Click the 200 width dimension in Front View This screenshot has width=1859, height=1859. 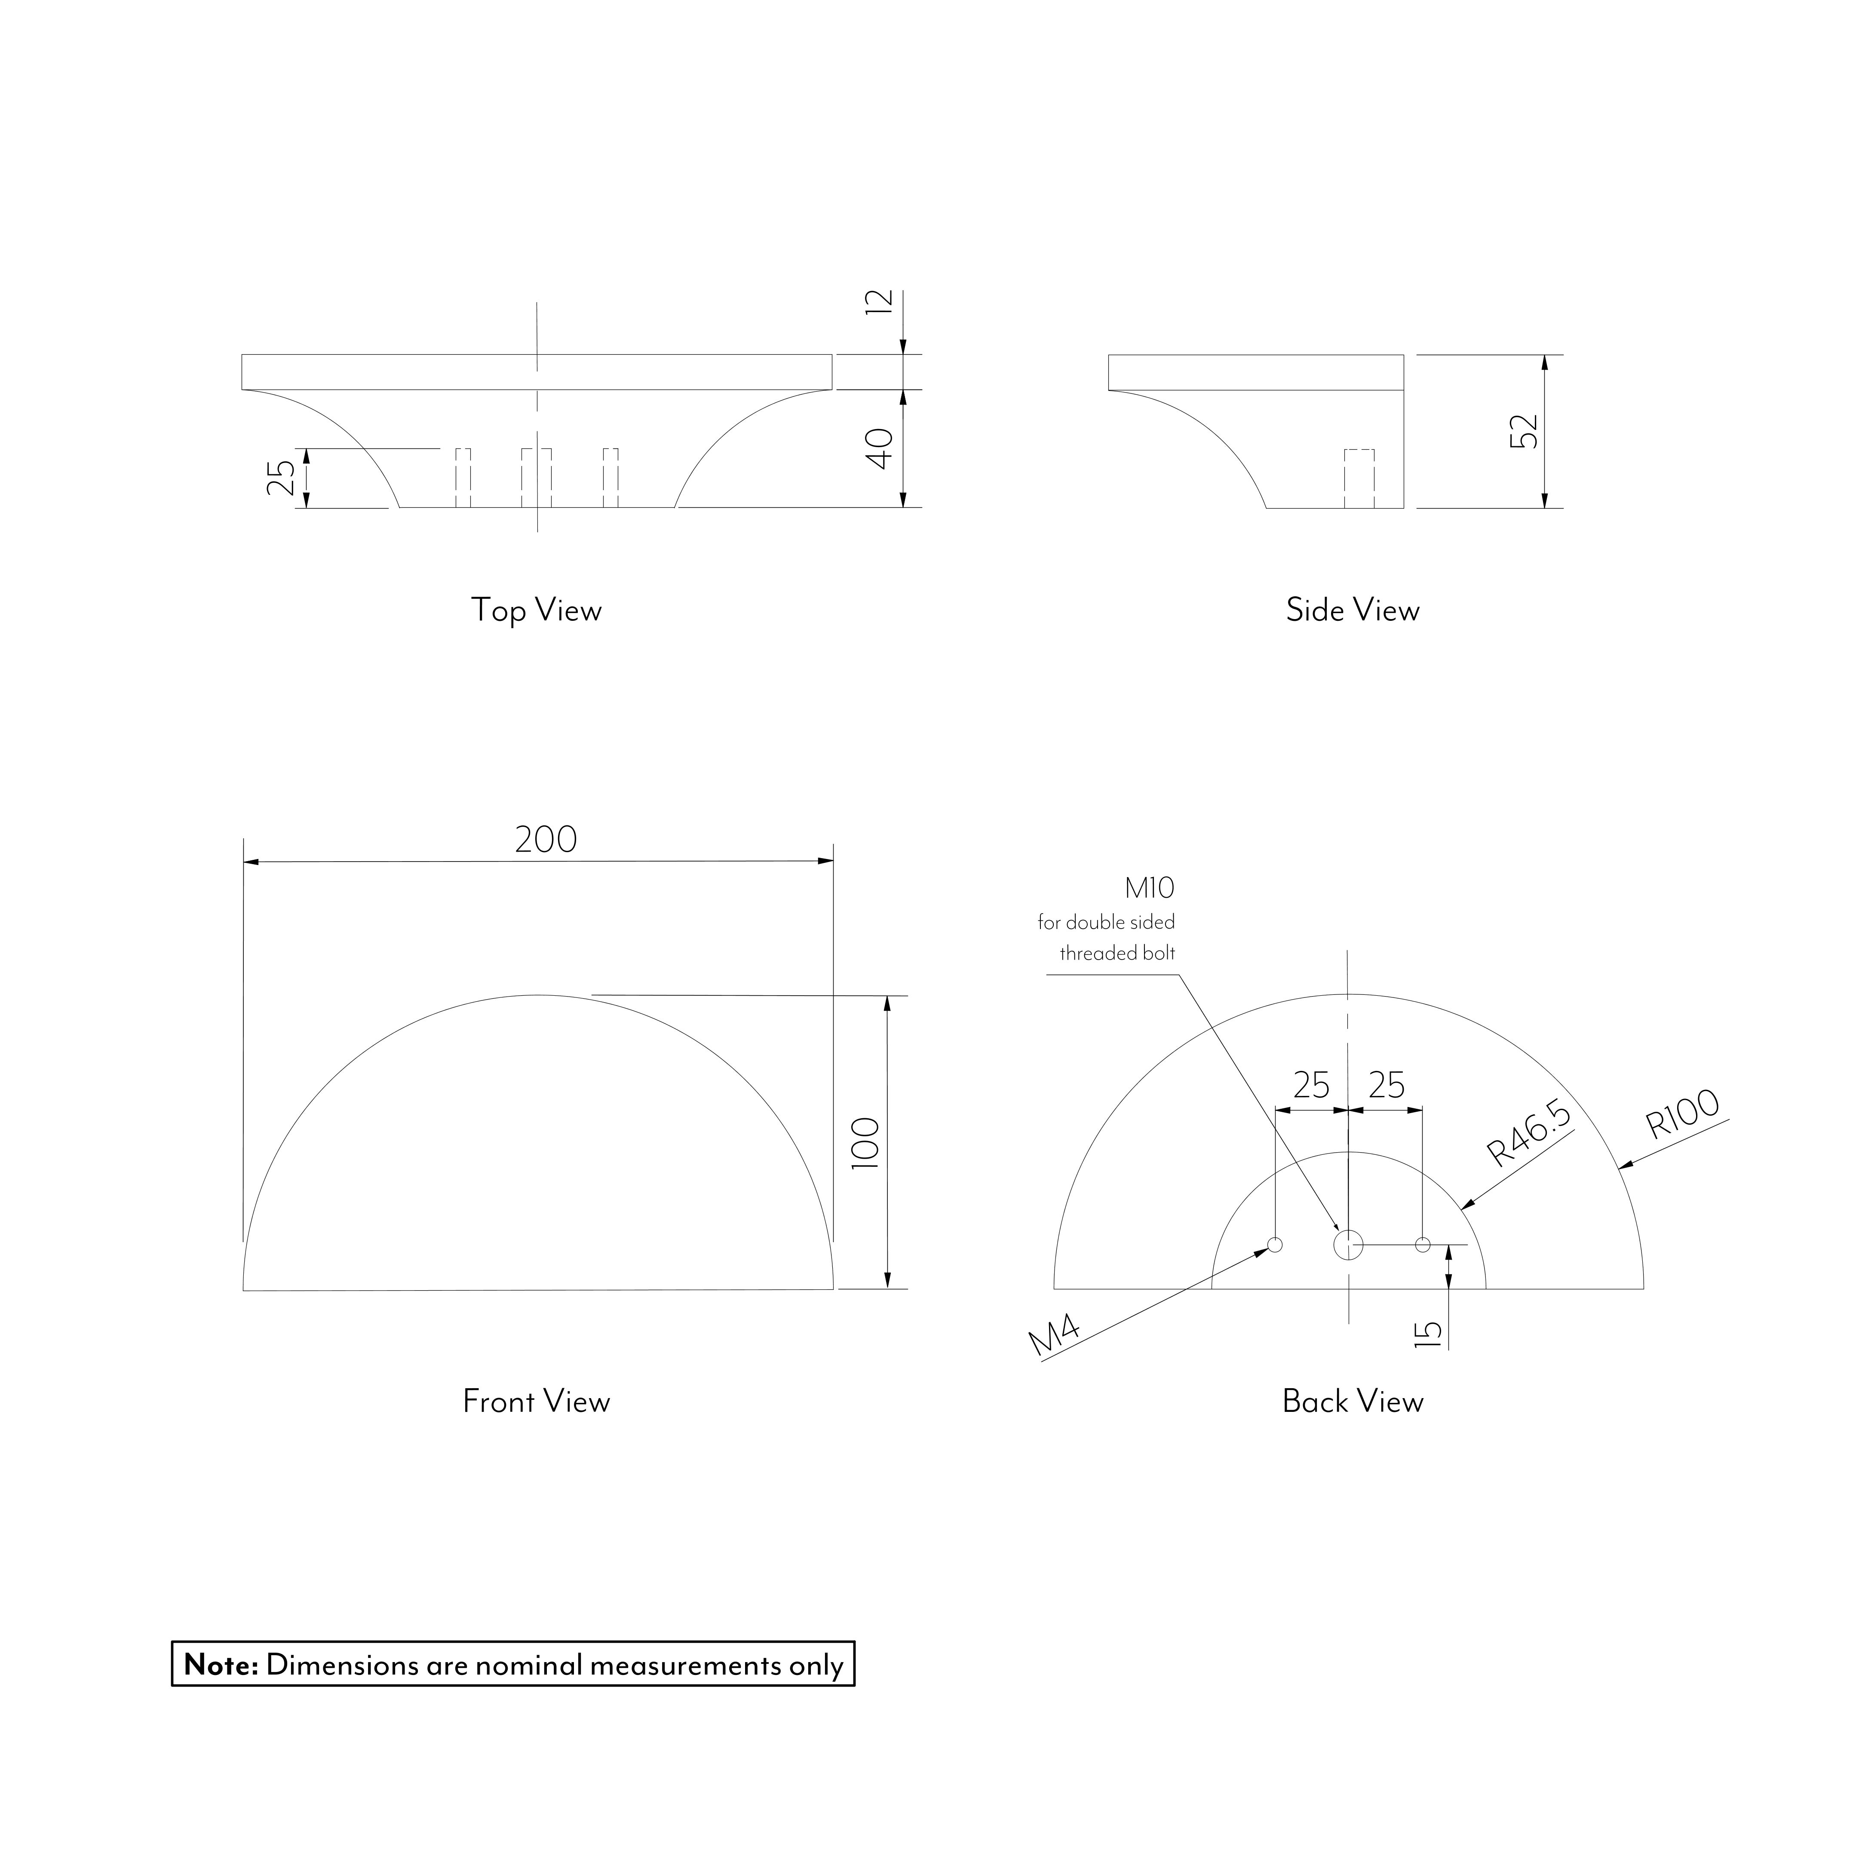click(546, 840)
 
